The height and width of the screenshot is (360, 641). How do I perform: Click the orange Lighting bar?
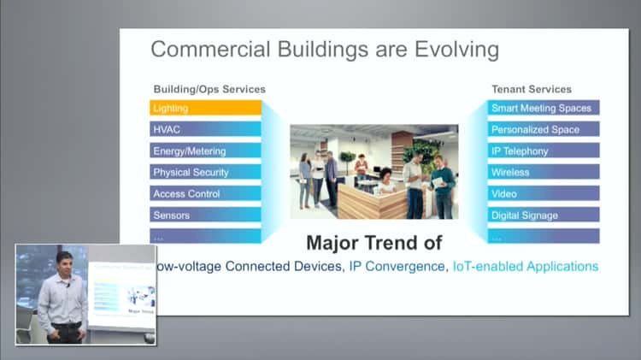click(x=205, y=108)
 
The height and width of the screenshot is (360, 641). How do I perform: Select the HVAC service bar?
click(x=205, y=129)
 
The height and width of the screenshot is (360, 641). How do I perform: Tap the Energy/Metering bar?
click(x=205, y=151)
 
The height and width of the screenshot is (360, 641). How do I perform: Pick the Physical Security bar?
click(x=205, y=173)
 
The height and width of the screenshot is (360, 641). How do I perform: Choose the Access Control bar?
click(x=205, y=194)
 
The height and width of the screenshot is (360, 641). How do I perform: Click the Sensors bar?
click(x=205, y=215)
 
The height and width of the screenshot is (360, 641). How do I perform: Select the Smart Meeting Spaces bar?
click(x=544, y=108)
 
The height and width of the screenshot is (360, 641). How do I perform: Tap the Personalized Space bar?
click(x=544, y=129)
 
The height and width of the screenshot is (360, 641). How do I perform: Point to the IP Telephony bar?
click(x=544, y=151)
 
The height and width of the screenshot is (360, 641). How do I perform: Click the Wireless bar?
click(x=544, y=173)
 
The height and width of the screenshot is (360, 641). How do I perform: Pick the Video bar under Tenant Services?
click(x=544, y=194)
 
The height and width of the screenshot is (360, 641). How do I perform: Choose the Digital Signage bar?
click(x=544, y=215)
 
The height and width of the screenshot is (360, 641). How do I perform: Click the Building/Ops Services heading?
click(x=209, y=89)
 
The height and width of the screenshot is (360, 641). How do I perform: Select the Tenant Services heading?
click(x=532, y=89)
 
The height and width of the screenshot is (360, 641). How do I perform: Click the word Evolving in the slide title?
click(x=451, y=50)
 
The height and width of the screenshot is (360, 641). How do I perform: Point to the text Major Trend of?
click(x=379, y=242)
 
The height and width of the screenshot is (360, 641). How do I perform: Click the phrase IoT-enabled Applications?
click(x=525, y=267)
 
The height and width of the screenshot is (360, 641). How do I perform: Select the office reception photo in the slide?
click(x=376, y=171)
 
